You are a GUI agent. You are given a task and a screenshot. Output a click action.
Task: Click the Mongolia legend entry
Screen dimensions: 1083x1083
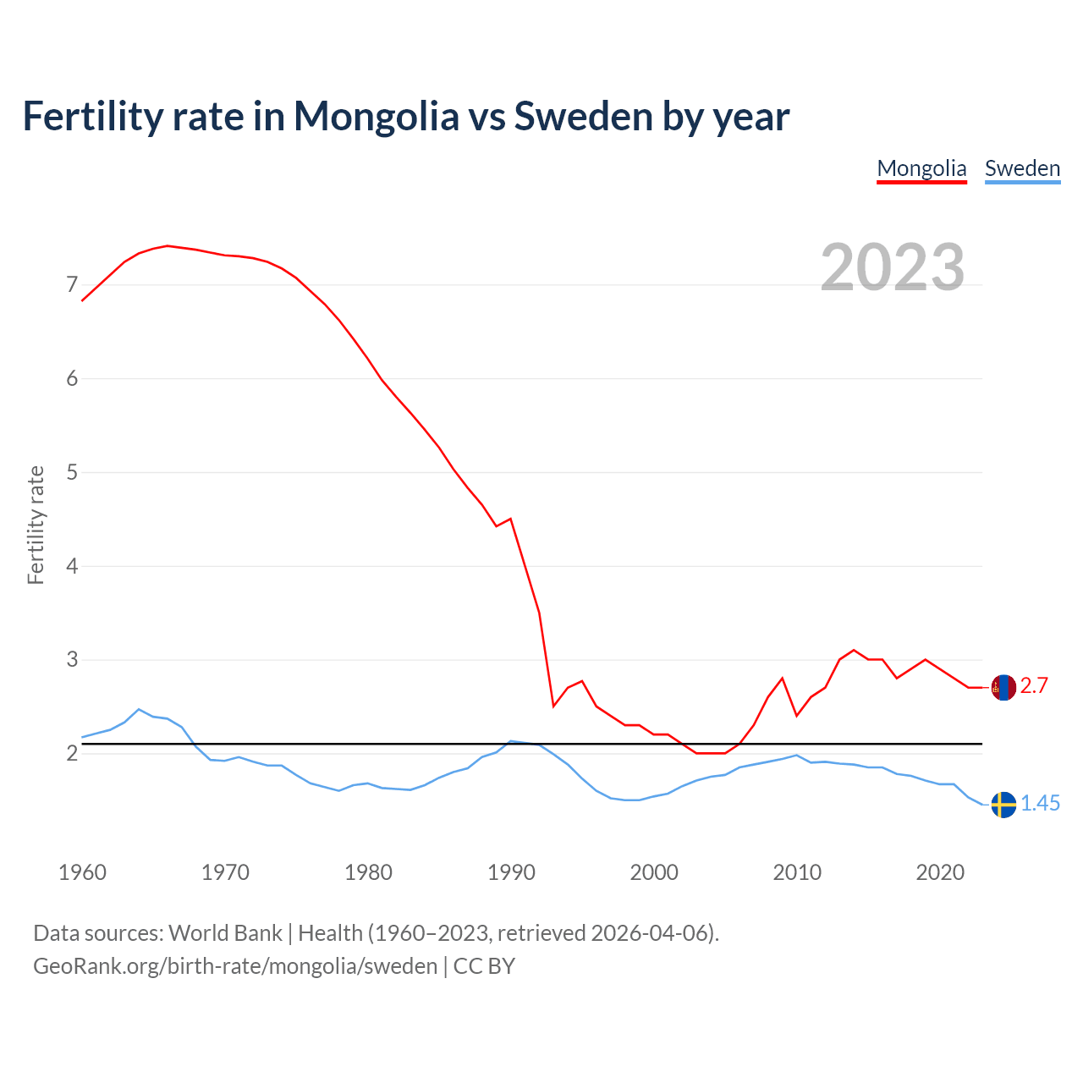tap(921, 168)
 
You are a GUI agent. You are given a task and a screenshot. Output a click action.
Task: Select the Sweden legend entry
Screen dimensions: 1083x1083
tap(1022, 168)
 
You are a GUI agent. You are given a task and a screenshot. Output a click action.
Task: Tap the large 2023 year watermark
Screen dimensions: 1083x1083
tap(893, 267)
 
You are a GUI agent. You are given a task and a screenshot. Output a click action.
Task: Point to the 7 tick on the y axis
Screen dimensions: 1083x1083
tap(72, 284)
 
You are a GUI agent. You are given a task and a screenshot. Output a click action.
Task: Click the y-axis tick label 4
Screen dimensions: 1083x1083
tap(72, 565)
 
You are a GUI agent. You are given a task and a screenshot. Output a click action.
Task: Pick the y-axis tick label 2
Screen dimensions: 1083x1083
tap(72, 753)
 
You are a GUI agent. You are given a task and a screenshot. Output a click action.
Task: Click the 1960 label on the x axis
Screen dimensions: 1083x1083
tap(82, 872)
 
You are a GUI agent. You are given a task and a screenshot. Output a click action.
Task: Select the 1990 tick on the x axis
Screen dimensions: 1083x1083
tap(511, 872)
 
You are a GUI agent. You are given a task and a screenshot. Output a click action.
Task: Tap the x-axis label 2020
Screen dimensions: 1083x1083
tap(940, 872)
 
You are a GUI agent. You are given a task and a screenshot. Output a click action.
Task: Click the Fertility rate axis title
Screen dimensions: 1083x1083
tap(36, 525)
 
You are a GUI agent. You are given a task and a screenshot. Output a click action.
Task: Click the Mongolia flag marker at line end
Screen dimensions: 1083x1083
tap(1003, 688)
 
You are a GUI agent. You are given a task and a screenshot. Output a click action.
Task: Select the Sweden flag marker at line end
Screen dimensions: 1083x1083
tap(1003, 805)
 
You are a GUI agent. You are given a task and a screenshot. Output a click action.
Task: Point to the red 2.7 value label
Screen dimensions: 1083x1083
tap(1034, 686)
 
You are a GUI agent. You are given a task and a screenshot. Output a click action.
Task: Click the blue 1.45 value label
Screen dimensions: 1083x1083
tap(1040, 804)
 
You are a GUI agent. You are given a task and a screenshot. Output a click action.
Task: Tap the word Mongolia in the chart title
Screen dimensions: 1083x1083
tap(376, 116)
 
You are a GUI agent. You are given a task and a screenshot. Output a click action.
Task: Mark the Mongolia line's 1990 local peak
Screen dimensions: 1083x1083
tap(510, 519)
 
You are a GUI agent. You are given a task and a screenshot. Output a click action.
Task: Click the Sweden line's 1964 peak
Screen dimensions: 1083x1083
tap(139, 709)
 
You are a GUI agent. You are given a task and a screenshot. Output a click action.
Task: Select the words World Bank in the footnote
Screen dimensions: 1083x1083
tap(225, 933)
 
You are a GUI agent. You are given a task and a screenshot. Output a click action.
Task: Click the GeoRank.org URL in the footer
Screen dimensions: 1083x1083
tap(235, 966)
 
